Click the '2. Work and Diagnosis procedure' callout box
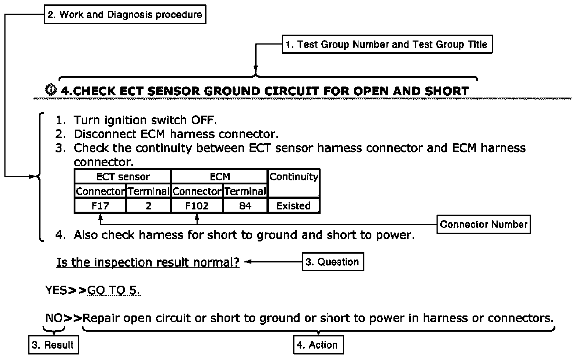(125, 15)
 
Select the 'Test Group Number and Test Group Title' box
(387, 44)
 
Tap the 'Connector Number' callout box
(484, 224)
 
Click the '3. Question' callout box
(333, 262)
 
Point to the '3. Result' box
(54, 345)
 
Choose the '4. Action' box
(318, 345)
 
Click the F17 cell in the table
(100, 206)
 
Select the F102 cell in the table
(197, 206)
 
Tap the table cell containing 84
(245, 206)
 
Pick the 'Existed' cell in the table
(294, 206)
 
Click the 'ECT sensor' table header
(123, 177)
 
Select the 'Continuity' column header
(294, 183)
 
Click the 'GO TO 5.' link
(113, 290)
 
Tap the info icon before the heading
(50, 90)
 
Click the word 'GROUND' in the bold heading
(232, 91)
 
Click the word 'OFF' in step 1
(204, 120)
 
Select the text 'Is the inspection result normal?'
(148, 262)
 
